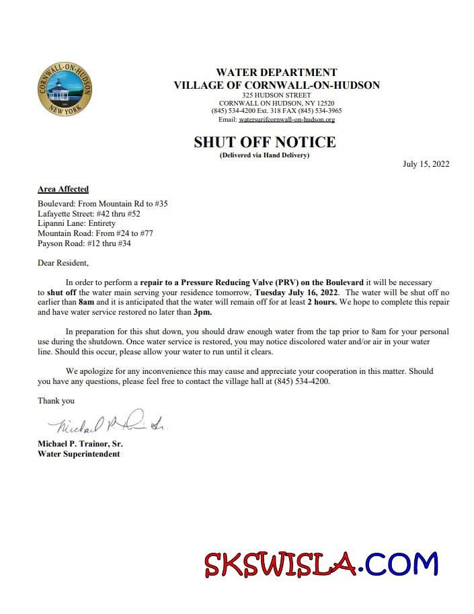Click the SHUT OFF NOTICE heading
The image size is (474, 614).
pyautogui.click(x=264, y=143)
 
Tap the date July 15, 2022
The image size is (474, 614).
pyautogui.click(x=426, y=164)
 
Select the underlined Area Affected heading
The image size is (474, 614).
pyautogui.click(x=63, y=189)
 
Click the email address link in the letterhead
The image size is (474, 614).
pyautogui.click(x=286, y=120)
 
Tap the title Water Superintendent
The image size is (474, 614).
pyautogui.click(x=79, y=454)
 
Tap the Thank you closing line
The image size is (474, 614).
pyautogui.click(x=56, y=401)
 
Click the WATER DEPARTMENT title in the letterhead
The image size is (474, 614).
pyautogui.click(x=276, y=73)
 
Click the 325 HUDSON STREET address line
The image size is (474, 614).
pyautogui.click(x=276, y=95)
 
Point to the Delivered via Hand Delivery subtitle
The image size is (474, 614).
pyautogui.click(x=264, y=155)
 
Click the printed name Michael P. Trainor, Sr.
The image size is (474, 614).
pyautogui.click(x=80, y=445)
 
